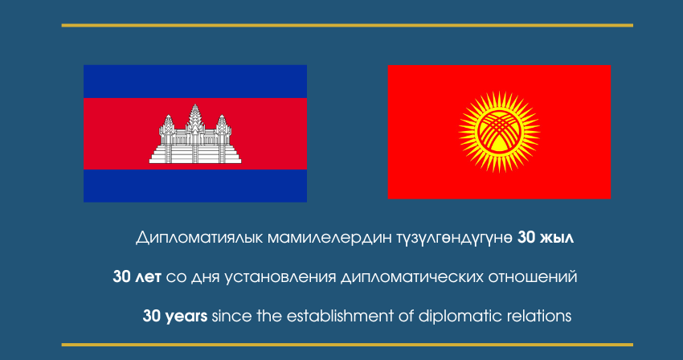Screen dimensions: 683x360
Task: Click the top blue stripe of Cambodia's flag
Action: (195, 81)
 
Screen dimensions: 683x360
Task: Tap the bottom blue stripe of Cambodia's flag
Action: (195, 186)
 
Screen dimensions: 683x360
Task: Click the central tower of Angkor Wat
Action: (195, 119)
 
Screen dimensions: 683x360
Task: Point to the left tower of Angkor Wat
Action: (167, 126)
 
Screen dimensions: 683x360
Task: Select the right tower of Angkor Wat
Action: (223, 126)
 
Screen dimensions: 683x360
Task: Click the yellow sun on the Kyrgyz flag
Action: (499, 132)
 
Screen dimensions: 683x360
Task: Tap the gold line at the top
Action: (347, 25)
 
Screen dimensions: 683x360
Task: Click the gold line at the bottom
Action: (347, 345)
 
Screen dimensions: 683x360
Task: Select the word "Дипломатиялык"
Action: (199, 239)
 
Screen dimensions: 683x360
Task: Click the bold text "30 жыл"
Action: (546, 238)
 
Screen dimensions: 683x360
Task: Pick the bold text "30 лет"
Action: (137, 276)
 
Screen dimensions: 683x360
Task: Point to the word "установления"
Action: (280, 277)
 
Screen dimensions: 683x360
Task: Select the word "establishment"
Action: (340, 316)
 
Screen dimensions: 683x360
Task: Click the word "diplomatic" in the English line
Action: (454, 317)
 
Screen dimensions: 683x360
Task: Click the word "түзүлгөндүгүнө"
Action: (455, 239)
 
